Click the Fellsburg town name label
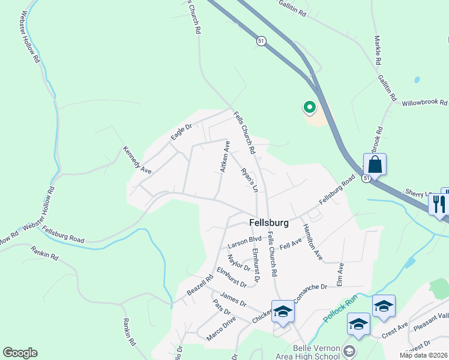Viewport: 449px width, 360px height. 268,223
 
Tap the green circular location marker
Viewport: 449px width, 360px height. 310,107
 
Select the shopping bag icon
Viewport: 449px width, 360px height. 375,164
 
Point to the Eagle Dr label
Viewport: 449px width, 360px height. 180,132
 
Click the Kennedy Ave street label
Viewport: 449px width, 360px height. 137,160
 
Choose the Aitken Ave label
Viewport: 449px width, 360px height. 224,157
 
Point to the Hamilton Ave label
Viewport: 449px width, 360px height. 313,242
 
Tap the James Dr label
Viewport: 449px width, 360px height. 234,299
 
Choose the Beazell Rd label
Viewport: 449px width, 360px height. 200,285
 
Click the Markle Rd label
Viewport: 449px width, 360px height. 378,50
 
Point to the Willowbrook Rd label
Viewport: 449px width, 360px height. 425,103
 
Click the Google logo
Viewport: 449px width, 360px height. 20,353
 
